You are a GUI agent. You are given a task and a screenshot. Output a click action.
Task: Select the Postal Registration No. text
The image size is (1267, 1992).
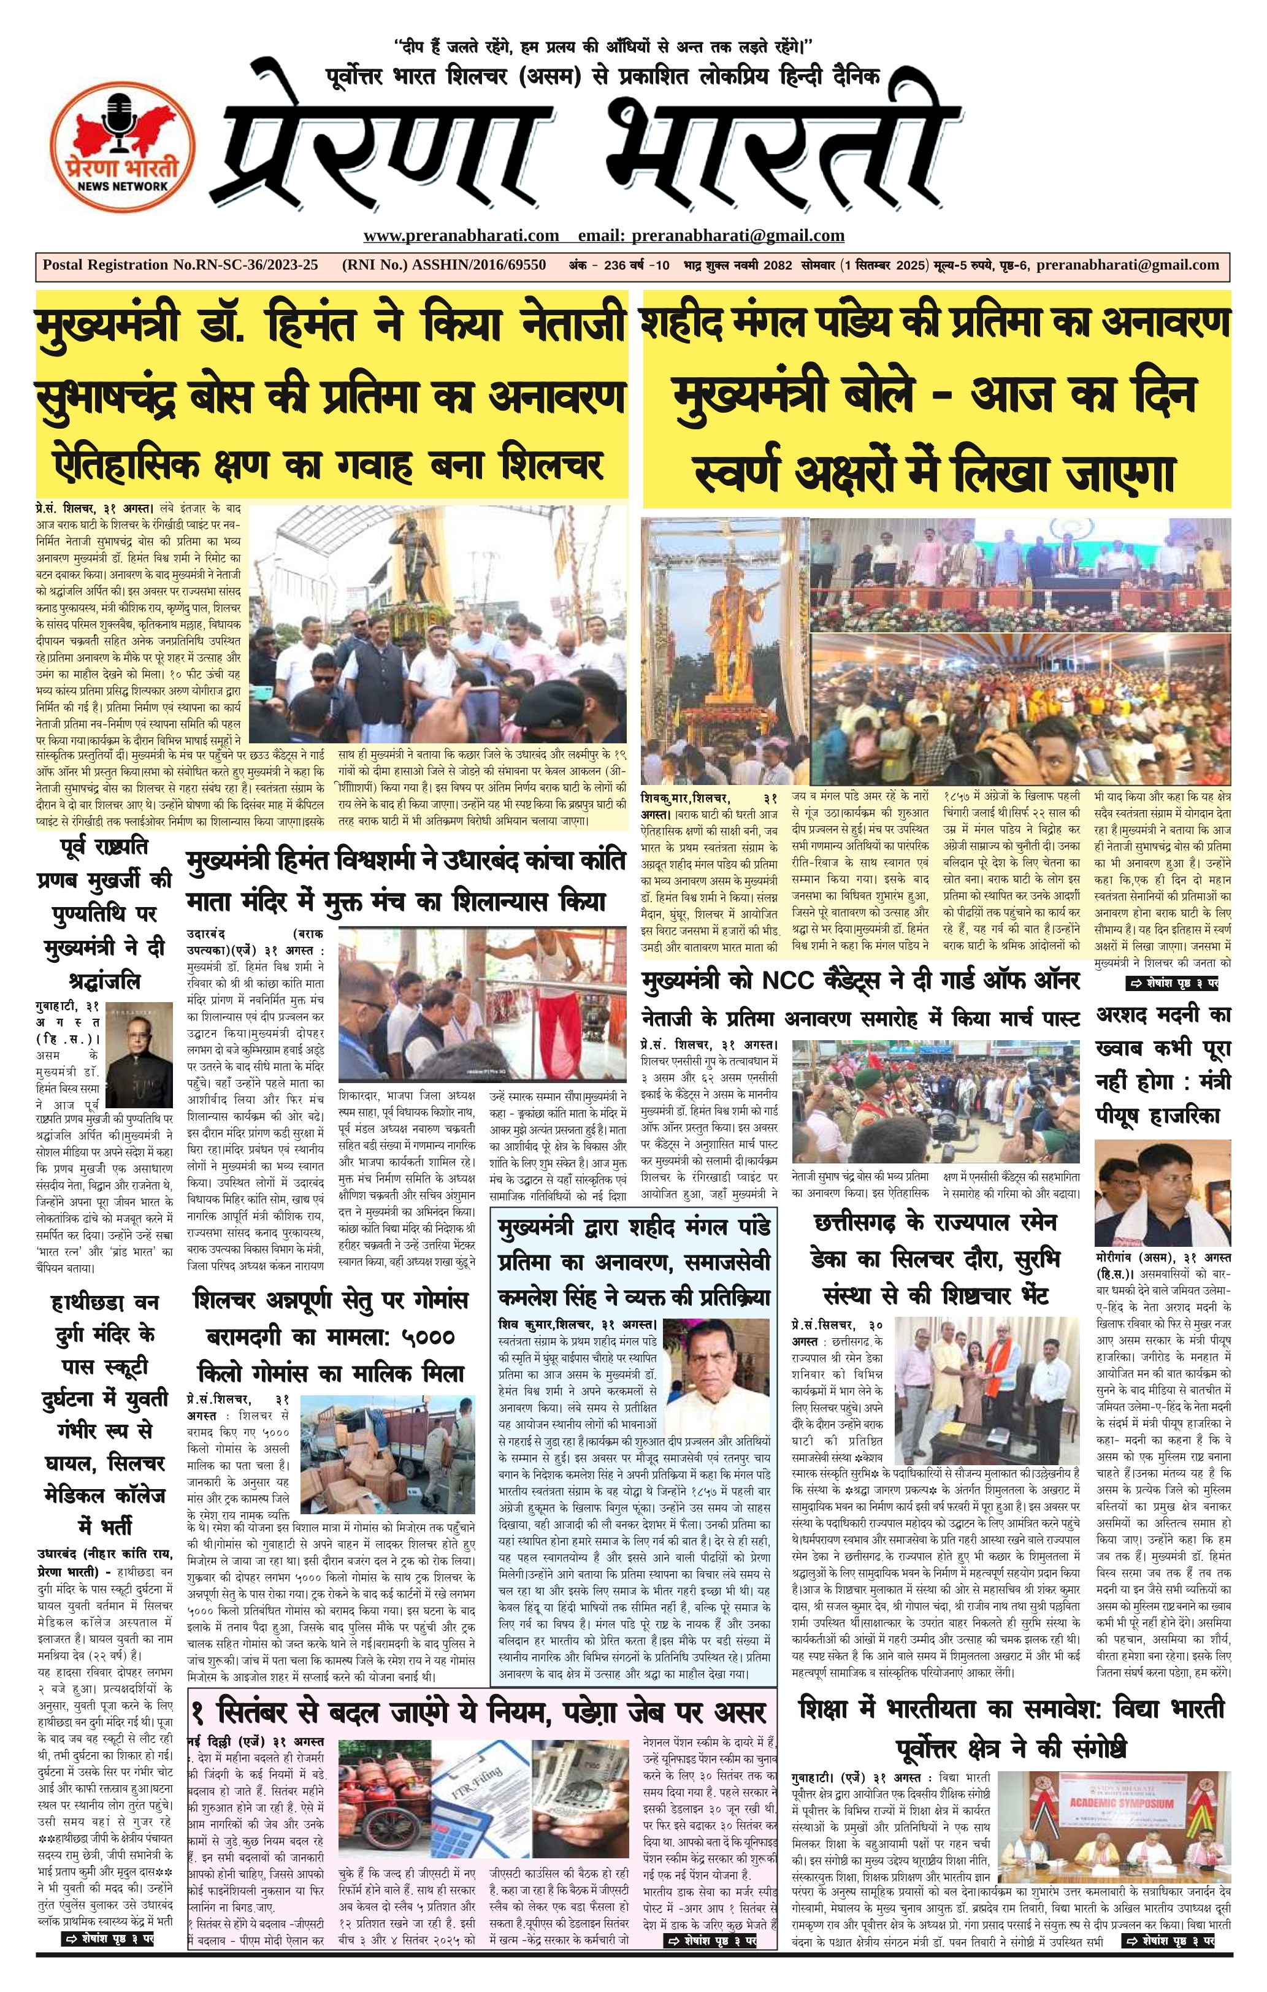pos(180,266)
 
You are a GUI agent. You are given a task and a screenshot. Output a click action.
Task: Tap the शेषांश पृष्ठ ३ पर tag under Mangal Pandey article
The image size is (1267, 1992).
pos(1174,984)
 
